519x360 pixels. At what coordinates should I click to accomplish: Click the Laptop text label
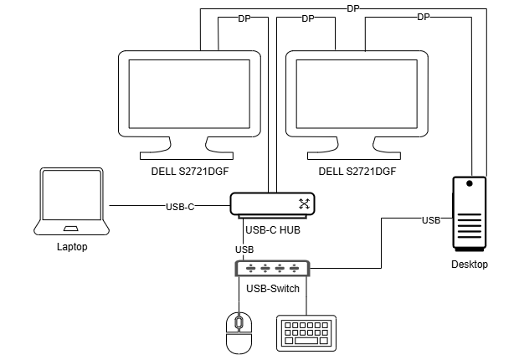pos(72,247)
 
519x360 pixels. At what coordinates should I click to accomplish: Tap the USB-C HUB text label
pos(272,229)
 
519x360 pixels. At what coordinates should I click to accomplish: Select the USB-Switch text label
pos(272,289)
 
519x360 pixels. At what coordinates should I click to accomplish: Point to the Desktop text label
pos(468,264)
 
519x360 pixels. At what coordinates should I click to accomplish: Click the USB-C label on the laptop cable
pos(180,206)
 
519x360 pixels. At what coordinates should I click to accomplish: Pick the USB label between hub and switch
pos(244,249)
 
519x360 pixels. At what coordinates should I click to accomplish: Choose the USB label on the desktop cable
pos(431,220)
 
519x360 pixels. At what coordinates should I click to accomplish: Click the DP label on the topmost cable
pos(352,8)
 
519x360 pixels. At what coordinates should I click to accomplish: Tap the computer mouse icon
pos(239,333)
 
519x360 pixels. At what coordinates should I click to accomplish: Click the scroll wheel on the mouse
pos(239,322)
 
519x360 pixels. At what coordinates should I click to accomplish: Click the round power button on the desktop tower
pos(470,183)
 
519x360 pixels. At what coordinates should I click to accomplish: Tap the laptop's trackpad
pos(72,229)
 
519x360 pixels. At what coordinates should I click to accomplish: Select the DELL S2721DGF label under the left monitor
pos(189,171)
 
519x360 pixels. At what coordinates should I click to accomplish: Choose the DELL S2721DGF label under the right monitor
pos(357,171)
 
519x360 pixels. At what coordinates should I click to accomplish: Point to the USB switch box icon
pos(272,268)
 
